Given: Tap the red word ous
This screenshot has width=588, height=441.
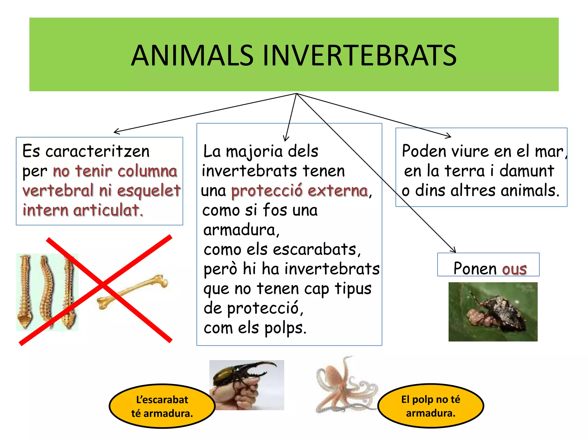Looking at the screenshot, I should [x=514, y=269].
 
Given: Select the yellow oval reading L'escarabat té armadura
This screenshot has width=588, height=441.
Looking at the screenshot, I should [x=162, y=406].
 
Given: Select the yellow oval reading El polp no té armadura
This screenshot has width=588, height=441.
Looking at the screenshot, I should [x=430, y=406].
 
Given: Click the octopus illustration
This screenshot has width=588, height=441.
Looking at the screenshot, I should [x=345, y=385].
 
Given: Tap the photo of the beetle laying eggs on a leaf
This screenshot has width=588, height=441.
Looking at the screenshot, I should [x=493, y=312].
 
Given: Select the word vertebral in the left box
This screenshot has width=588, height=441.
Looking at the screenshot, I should [x=58, y=190].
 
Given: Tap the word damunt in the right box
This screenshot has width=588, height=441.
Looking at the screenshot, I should [x=527, y=171].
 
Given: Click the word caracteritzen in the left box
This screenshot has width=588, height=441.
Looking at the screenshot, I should [x=97, y=151].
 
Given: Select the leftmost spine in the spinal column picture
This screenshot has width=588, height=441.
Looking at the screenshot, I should [x=25, y=291].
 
